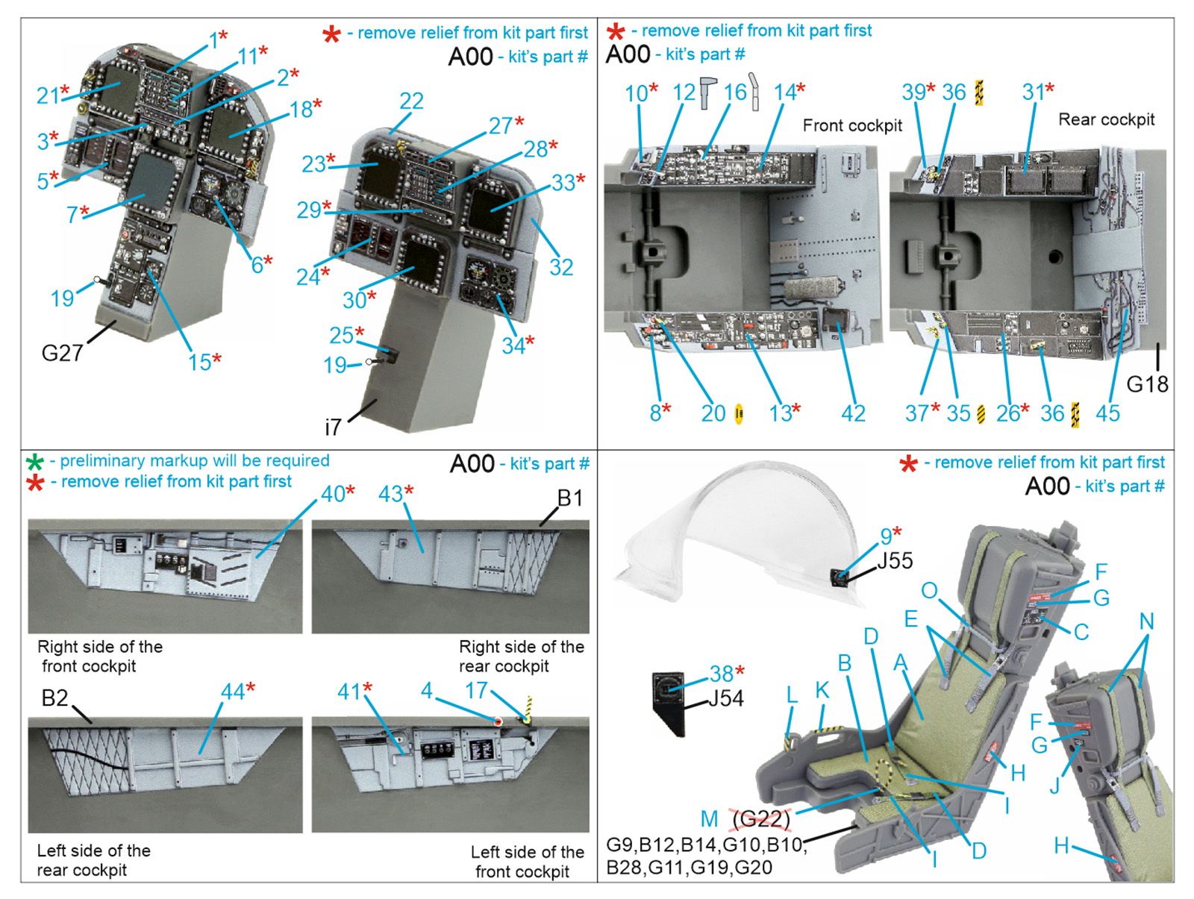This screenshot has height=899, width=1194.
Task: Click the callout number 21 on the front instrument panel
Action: point(48,95)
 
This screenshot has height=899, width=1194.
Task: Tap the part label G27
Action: point(62,353)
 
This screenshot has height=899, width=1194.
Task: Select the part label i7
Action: point(333,427)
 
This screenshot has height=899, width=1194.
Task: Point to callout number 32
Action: point(561,267)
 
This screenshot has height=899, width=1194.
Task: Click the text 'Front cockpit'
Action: point(852,125)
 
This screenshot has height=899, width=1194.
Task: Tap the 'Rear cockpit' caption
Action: point(1106,119)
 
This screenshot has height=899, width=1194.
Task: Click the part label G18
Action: point(1147,384)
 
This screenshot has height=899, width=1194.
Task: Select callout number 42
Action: point(853,413)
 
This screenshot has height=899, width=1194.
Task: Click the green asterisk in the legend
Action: point(34,462)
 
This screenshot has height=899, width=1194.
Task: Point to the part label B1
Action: point(570,498)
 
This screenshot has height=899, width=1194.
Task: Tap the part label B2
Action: point(54,698)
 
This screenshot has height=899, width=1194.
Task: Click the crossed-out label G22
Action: point(761,819)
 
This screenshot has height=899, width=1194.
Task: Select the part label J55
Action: point(895,560)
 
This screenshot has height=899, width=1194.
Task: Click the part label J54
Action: point(725,699)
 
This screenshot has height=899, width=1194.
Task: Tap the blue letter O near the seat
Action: point(929,590)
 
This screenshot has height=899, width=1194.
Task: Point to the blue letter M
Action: point(709,819)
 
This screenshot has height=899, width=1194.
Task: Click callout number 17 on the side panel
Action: point(476,691)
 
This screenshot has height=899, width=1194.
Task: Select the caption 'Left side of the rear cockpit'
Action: point(93,860)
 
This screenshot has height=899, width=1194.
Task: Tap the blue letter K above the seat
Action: point(822,690)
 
